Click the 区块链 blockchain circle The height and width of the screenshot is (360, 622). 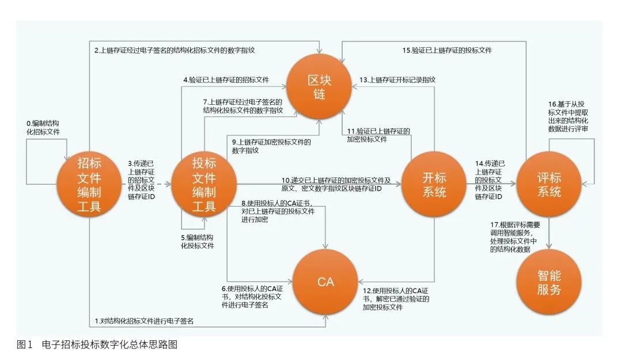click(319, 86)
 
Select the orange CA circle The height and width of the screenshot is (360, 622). click(325, 282)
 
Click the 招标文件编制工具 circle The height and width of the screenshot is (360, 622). click(89, 185)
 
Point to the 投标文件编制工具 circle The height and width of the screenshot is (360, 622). click(204, 185)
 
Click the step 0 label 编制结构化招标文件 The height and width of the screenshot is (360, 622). click(43, 127)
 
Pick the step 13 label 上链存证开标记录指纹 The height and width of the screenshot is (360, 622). click(397, 79)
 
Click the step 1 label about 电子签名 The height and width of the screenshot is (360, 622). click(143, 321)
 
